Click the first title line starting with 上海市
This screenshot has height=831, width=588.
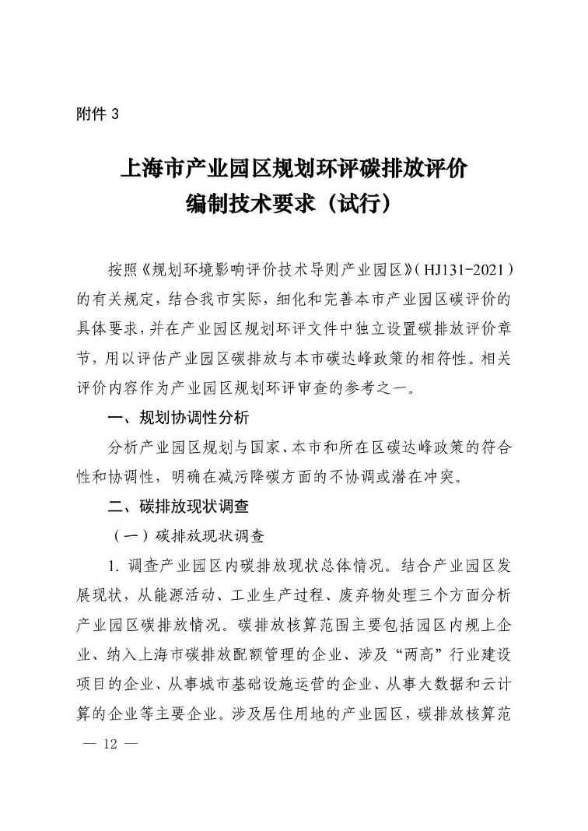tap(293, 168)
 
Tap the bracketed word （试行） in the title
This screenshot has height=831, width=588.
tap(363, 204)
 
